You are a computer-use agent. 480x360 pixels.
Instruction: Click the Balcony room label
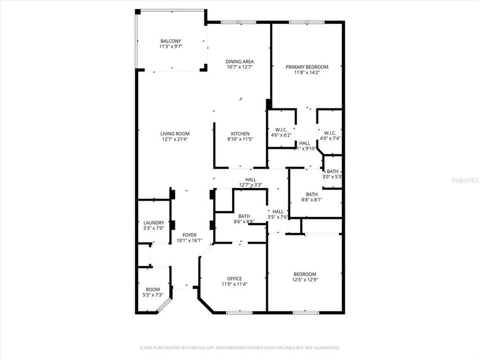[x=170, y=41]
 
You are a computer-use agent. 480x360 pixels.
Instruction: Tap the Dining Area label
[x=240, y=61]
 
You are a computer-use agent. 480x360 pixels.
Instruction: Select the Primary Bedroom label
[x=306, y=67]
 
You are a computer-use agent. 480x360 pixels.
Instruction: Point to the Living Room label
[x=174, y=133]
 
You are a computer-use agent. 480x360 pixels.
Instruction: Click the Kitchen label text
[x=240, y=133]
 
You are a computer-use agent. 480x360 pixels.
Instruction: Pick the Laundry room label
[x=153, y=222]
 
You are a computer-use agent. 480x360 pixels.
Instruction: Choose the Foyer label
[x=189, y=235]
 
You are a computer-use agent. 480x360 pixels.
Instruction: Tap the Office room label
[x=234, y=278]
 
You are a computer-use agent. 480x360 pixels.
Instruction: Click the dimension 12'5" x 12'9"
[x=304, y=279]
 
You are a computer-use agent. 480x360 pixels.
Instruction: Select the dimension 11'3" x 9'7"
[x=170, y=46]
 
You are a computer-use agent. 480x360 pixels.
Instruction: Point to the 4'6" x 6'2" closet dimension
[x=280, y=135]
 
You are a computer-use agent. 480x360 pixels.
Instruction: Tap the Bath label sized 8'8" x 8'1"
[x=311, y=194]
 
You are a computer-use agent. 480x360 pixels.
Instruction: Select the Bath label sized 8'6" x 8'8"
[x=243, y=216]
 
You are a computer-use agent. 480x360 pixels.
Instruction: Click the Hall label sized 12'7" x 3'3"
[x=250, y=179]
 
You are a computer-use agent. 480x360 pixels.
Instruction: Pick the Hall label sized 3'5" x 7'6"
[x=278, y=211]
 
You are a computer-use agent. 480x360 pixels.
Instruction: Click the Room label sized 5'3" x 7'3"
[x=153, y=289]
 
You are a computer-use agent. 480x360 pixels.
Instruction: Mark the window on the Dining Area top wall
[x=238, y=22]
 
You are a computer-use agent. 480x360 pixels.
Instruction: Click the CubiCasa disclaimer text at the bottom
[x=240, y=347]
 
